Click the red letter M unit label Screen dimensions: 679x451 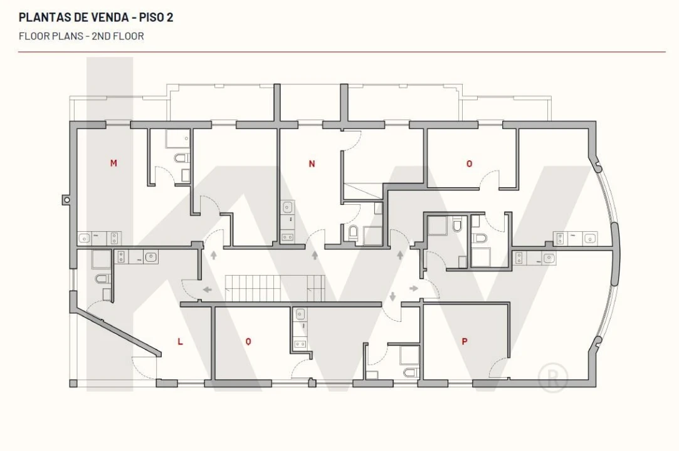pyautogui.click(x=113, y=163)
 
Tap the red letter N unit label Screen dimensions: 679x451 pyautogui.click(x=312, y=163)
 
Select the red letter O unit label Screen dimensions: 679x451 pyautogui.click(x=469, y=163)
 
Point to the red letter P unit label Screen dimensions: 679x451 pyautogui.click(x=465, y=341)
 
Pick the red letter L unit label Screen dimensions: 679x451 pyautogui.click(x=180, y=341)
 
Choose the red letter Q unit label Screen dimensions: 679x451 pyautogui.click(x=248, y=341)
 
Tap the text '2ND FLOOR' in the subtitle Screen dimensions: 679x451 pyautogui.click(x=118, y=36)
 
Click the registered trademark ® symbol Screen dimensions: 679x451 pyautogui.click(x=552, y=378)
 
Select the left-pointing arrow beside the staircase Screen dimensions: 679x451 pyautogui.click(x=208, y=289)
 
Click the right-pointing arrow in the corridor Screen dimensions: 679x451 pyautogui.click(x=414, y=288)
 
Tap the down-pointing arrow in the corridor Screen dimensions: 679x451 pyautogui.click(x=392, y=296)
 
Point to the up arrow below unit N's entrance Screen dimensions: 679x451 pyautogui.click(x=315, y=255)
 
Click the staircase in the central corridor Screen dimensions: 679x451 pyautogui.click(x=275, y=288)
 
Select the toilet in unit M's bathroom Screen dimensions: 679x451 pyautogui.click(x=182, y=158)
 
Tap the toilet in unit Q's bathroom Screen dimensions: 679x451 pyautogui.click(x=411, y=372)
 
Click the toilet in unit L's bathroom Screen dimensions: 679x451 pyautogui.click(x=103, y=279)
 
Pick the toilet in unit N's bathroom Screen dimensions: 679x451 pyautogui.click(x=354, y=232)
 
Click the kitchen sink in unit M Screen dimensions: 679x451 pyautogui.click(x=85, y=238)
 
